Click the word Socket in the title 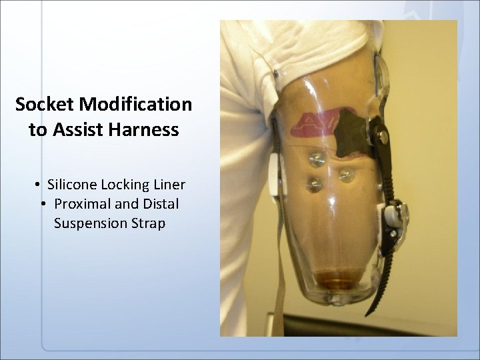coord(45,105)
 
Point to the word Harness coord(143,129)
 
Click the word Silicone coord(71,184)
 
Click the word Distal coord(159,203)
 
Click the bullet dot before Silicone coord(40,185)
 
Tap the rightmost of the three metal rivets coord(346,175)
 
